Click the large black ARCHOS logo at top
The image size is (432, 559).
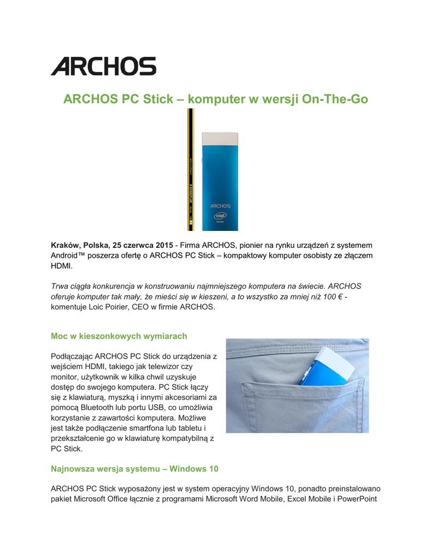pos(104,66)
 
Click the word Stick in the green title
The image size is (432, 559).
pos(159,99)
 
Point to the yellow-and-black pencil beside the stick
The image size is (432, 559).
pos(190,169)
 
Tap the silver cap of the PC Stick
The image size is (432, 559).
pos(220,138)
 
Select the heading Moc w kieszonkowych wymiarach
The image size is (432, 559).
pos(119,336)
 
